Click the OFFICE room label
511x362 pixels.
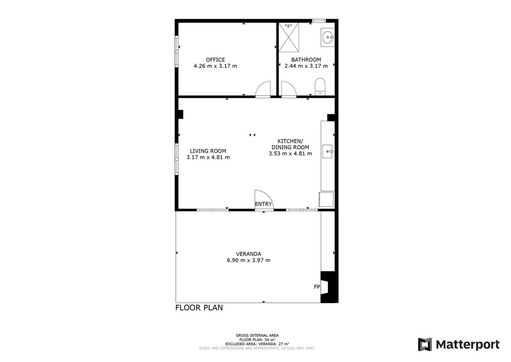coord(215,60)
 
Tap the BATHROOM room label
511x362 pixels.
coord(306,60)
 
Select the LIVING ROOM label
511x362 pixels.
coord(208,151)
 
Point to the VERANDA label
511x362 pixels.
coord(248,254)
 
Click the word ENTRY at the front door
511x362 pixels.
coord(263,204)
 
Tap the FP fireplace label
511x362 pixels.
coord(317,287)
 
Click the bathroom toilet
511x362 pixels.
coord(320,87)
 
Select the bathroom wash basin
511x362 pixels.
coord(327,37)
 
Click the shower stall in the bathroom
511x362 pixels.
coord(289,37)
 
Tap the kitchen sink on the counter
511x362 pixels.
coord(327,151)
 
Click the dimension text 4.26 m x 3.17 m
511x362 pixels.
coord(215,66)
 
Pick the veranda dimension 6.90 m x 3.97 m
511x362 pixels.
coord(248,261)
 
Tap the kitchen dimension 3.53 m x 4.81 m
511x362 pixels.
coord(290,153)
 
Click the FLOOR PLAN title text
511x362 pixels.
coord(199,308)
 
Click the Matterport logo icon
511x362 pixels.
coord(425,344)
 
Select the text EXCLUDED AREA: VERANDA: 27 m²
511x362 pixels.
coord(257,344)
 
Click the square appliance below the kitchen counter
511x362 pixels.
coord(326,200)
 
